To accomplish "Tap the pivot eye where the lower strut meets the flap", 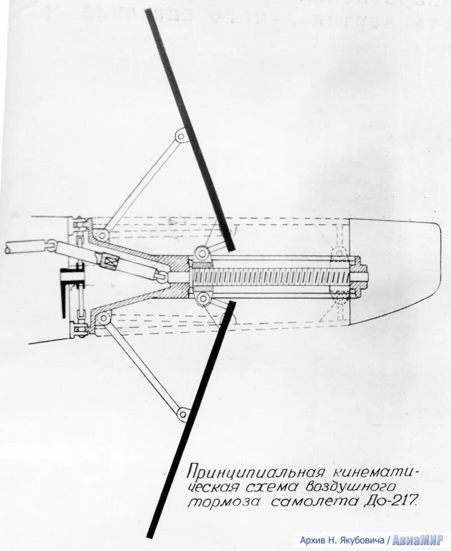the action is [x=184, y=414].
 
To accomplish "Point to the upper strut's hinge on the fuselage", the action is [x=102, y=235].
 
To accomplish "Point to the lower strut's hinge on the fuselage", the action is [x=104, y=318].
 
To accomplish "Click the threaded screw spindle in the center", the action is [x=271, y=276].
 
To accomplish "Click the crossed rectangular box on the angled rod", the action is [x=110, y=262].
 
